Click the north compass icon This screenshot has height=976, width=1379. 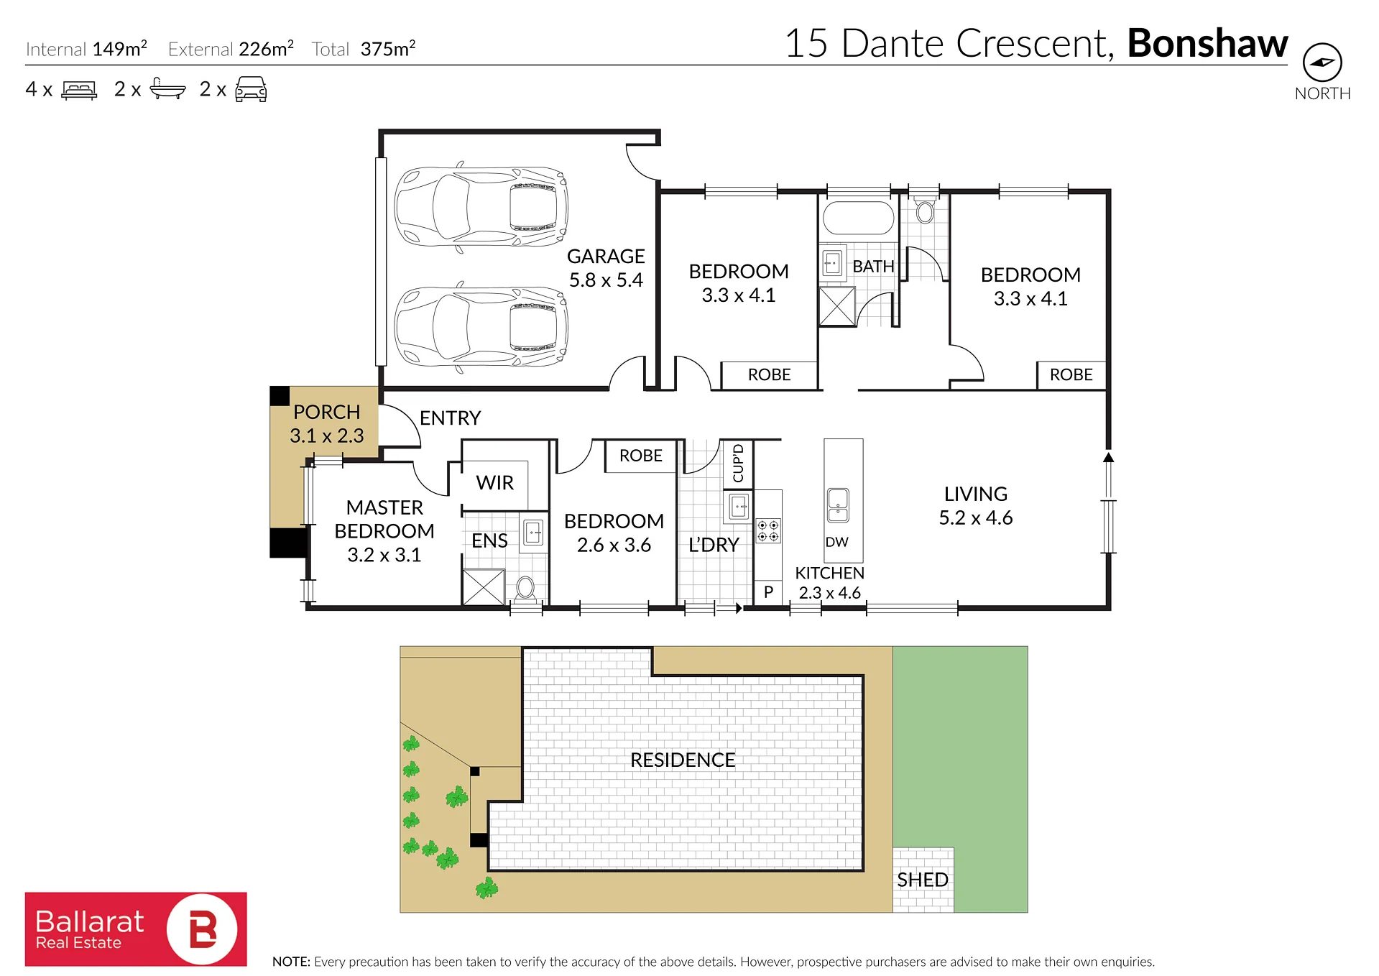click(x=1322, y=63)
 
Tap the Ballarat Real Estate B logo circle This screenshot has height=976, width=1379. click(x=202, y=929)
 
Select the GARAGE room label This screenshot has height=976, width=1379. click(x=606, y=257)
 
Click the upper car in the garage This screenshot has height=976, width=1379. click(x=481, y=207)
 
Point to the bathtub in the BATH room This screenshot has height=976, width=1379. click(x=858, y=218)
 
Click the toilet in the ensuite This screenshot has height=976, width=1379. click(x=525, y=588)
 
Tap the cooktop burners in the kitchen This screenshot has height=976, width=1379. click(x=768, y=531)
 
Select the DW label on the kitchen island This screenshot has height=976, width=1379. click(x=836, y=542)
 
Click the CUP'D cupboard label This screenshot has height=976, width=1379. click(x=738, y=463)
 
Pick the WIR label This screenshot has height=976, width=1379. click(x=494, y=483)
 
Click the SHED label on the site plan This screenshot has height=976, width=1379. click(x=923, y=880)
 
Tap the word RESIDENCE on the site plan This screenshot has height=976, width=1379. click(x=683, y=760)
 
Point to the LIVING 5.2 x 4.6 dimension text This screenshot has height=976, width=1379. click(x=976, y=517)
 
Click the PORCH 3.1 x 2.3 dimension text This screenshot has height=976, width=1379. click(x=327, y=436)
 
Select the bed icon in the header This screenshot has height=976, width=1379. click(x=79, y=90)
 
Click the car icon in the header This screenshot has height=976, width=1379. click(x=251, y=90)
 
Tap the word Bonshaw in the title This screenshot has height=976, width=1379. click(x=1207, y=43)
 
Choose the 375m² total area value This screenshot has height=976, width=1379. click(x=388, y=48)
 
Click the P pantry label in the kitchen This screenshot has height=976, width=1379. click(x=768, y=592)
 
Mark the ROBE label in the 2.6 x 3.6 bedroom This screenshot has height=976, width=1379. click(x=641, y=456)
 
